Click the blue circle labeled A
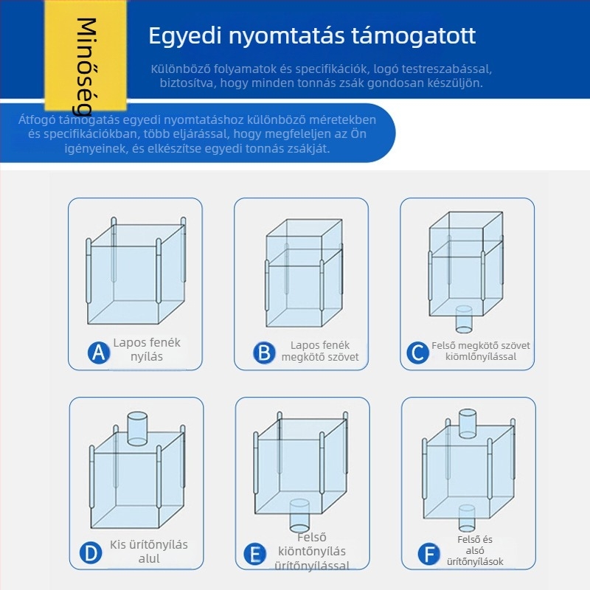(x=99, y=353)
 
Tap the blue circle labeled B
(x=264, y=353)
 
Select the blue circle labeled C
(x=417, y=353)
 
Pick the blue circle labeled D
(x=91, y=553)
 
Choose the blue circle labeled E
(x=254, y=555)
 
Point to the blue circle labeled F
(x=429, y=555)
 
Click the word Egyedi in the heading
(x=185, y=36)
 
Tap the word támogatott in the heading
(x=414, y=35)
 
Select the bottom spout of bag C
(x=464, y=319)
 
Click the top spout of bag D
(x=137, y=428)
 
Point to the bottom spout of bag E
(x=299, y=515)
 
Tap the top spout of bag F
(x=468, y=423)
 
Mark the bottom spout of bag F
(x=467, y=518)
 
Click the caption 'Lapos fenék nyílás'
(x=147, y=350)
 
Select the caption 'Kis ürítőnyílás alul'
(x=149, y=552)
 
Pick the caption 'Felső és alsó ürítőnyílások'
(x=475, y=550)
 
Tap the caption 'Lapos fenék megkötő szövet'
(x=320, y=351)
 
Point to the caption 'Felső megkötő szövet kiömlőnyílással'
(x=481, y=351)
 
